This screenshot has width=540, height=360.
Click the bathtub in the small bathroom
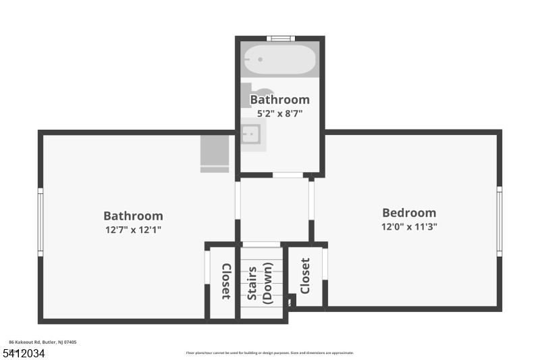tap(279, 60)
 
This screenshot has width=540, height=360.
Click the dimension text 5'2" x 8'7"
tap(279, 113)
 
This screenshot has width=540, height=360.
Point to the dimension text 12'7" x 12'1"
tap(133, 230)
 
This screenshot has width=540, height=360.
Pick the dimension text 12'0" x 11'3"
tap(409, 227)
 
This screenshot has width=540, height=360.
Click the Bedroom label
tap(409, 213)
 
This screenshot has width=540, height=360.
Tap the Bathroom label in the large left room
tap(133, 216)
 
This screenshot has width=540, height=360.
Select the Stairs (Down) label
tap(258, 283)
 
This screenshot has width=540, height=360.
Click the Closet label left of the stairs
tap(226, 281)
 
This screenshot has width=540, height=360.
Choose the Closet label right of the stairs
tap(305, 276)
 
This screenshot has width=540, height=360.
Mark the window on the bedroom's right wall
tap(500, 221)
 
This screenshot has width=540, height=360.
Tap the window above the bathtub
tap(279, 38)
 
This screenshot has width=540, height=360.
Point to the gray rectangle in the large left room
tap(215, 153)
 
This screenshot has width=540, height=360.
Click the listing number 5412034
tap(23, 353)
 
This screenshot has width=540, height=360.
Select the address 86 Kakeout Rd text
tap(42, 342)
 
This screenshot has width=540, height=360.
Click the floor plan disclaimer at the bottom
tap(269, 353)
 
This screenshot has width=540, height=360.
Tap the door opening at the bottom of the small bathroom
tap(288, 176)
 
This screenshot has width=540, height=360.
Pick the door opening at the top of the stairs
tap(261, 245)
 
